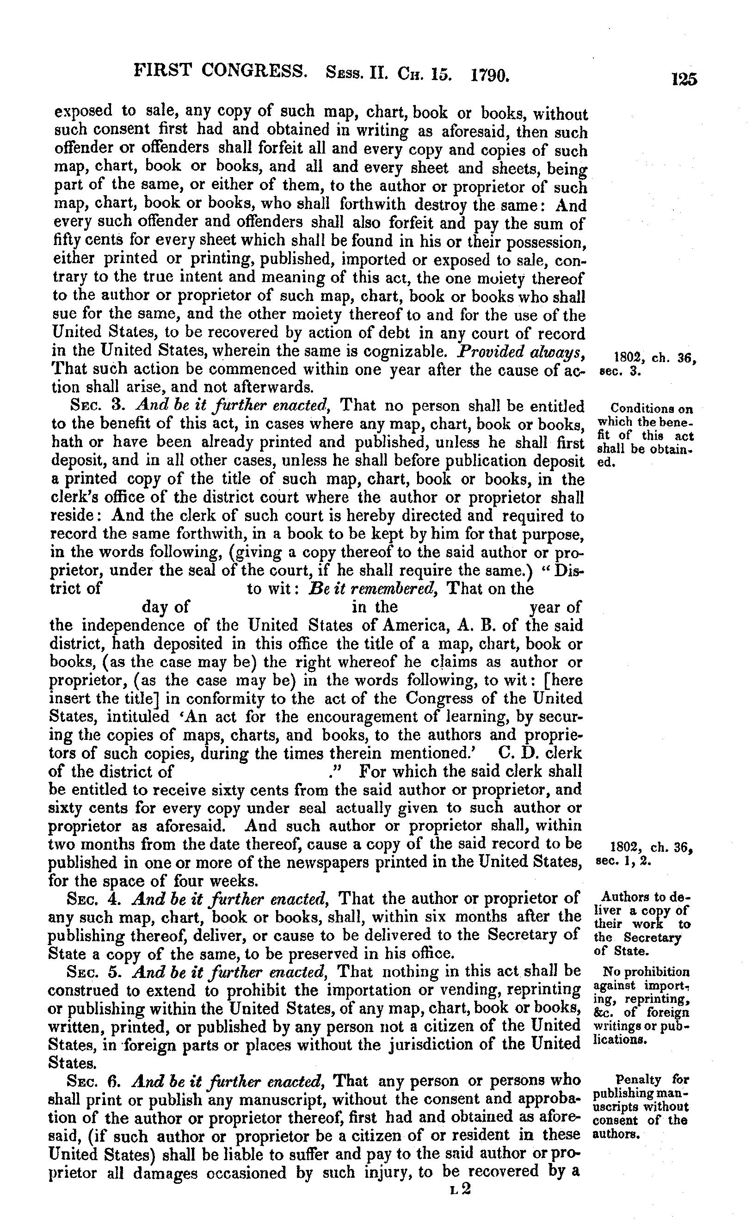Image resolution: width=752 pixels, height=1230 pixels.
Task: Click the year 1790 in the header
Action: coord(490,75)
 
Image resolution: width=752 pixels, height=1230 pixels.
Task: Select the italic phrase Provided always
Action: coord(521,351)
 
